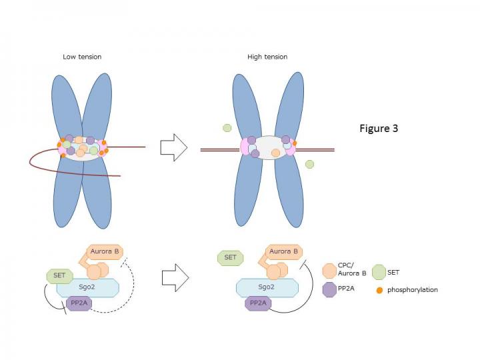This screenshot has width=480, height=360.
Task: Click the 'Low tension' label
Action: tap(82, 57)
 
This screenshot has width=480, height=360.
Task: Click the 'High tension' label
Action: tap(267, 57)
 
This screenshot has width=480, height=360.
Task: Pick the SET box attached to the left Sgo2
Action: tap(59, 275)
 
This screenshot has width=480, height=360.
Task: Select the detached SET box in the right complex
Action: tap(231, 257)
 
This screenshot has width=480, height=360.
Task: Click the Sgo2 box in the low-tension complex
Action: tap(88, 288)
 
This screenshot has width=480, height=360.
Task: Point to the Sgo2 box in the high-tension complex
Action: tap(267, 287)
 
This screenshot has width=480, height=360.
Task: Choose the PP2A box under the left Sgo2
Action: tap(80, 304)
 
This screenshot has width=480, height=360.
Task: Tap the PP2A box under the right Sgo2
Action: tap(259, 303)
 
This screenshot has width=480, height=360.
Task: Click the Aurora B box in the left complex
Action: tap(105, 252)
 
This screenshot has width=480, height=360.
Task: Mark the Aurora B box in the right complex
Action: tap(283, 251)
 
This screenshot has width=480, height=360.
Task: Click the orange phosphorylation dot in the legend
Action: tap(379, 290)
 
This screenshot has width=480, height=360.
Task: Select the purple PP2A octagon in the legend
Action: tap(329, 289)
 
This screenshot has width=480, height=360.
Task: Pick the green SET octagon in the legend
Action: tap(379, 271)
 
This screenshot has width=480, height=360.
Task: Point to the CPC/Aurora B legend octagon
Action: tap(329, 271)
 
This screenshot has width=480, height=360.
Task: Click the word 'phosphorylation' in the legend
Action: tap(413, 290)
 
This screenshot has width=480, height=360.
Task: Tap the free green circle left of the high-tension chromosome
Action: tap(227, 128)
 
